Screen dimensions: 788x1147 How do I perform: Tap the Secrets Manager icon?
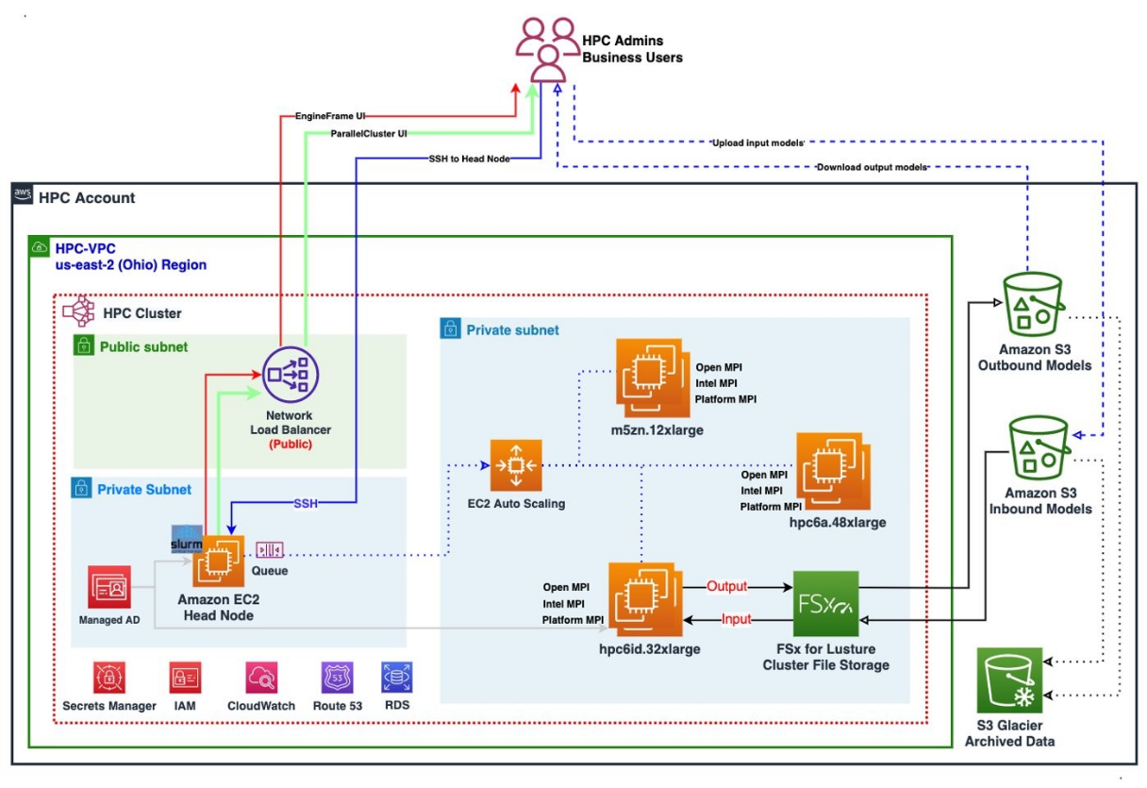(x=109, y=678)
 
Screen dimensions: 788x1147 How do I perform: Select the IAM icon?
(x=184, y=678)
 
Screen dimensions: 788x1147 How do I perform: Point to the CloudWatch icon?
(x=261, y=678)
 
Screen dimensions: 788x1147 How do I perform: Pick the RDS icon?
(x=396, y=678)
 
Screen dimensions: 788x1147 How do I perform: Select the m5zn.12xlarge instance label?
(x=657, y=430)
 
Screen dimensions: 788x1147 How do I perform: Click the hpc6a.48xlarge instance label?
(x=839, y=522)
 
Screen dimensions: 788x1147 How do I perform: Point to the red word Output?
(x=726, y=586)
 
